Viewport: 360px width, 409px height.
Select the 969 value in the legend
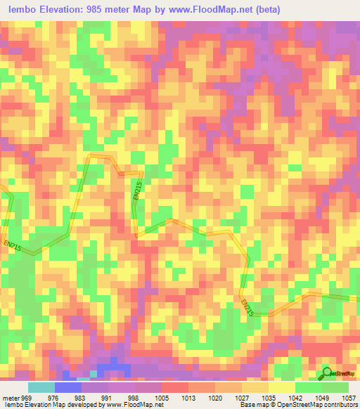pyautogui.click(x=27, y=396)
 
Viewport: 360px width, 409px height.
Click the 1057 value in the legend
pyautogui.click(x=347, y=396)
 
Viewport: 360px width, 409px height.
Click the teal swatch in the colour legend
pyautogui.click(x=41, y=387)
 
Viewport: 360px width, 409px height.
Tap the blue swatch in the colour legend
pyautogui.click(x=67, y=387)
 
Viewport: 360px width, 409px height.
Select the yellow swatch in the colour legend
pyautogui.click(x=281, y=387)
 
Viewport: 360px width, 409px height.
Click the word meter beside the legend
pyautogui.click(x=11, y=396)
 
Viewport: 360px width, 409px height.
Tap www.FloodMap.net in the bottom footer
pyautogui.click(x=131, y=404)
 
